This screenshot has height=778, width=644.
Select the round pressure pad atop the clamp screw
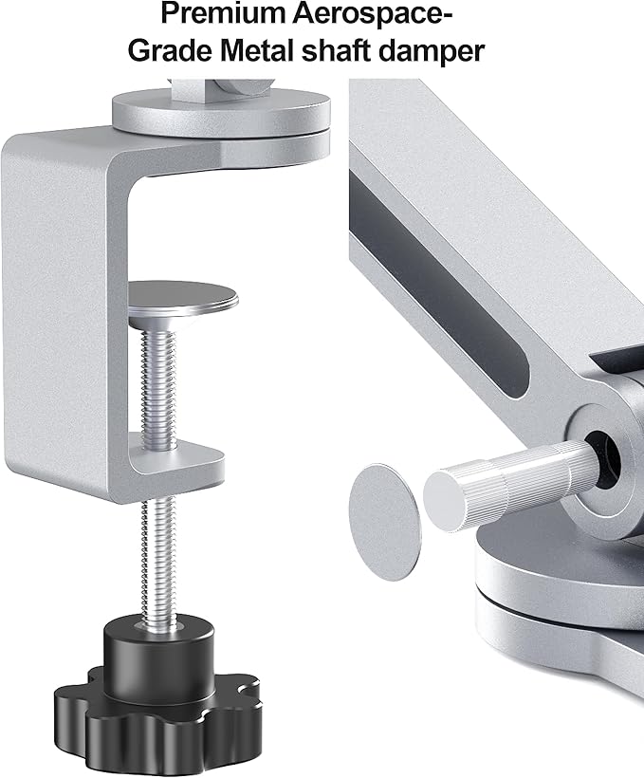(182, 298)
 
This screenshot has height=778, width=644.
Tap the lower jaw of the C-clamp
(180, 460)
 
